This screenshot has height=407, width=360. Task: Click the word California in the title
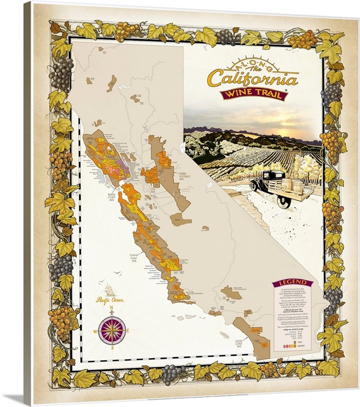tap(252, 80)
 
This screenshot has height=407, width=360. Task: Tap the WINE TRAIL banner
tap(253, 95)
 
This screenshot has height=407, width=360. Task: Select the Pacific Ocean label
tap(111, 300)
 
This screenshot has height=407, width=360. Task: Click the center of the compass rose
tap(112, 330)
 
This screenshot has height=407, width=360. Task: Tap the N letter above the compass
tap(112, 308)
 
